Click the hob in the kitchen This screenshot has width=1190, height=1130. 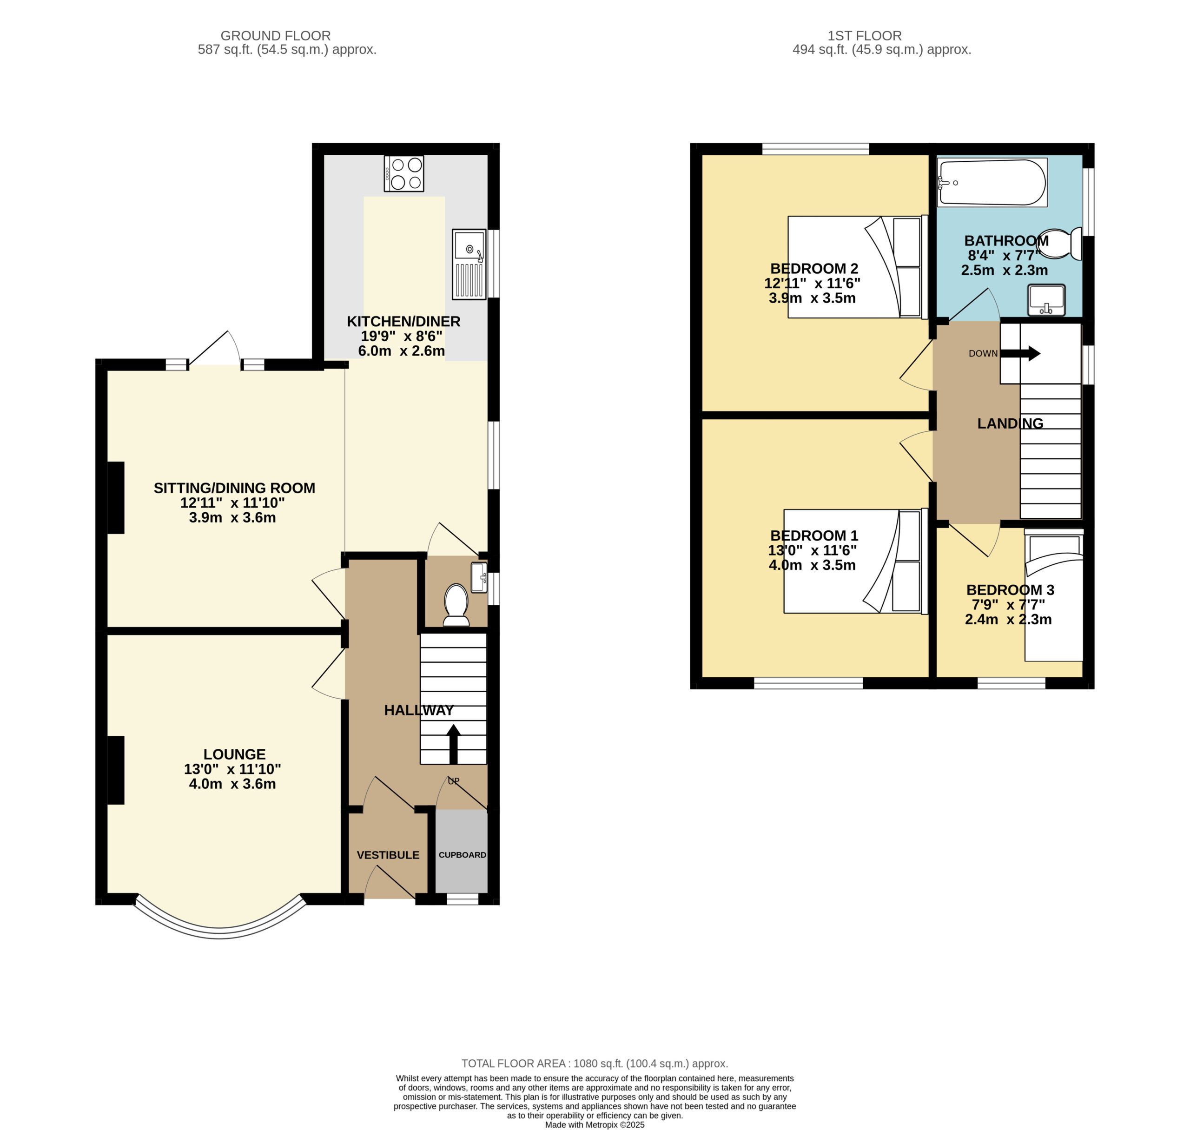(403, 173)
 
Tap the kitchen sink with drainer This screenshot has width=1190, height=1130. (469, 264)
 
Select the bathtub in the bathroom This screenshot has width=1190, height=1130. (992, 182)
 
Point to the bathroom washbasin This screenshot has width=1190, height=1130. (1047, 300)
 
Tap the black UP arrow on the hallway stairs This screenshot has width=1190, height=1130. (454, 745)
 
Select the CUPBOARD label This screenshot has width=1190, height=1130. (463, 855)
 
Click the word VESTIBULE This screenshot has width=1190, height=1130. (388, 855)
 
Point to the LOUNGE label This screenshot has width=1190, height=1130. (234, 754)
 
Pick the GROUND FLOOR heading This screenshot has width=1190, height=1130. (276, 36)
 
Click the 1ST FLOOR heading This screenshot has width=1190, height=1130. (865, 36)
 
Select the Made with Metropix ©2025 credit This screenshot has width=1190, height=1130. (595, 1124)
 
